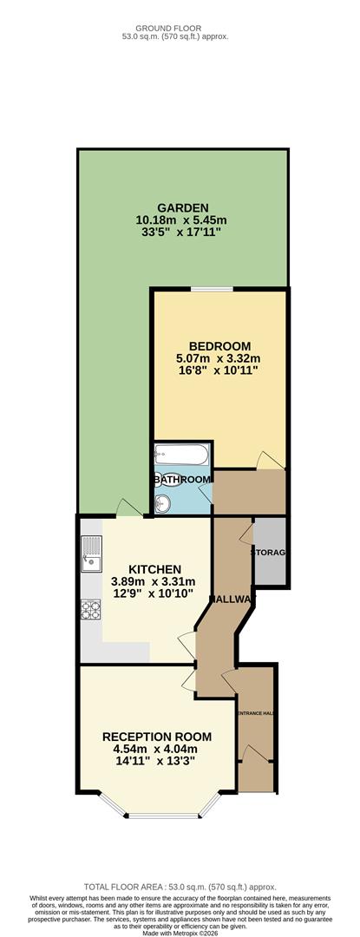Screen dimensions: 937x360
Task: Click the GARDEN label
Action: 182,207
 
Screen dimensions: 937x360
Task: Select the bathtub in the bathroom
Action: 180,455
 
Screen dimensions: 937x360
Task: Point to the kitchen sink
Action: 90,556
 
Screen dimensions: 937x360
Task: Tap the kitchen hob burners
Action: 90,611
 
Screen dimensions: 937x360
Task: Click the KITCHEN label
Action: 154,569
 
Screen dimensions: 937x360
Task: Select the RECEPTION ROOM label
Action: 157,737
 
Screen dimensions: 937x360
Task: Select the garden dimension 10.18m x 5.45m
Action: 182,220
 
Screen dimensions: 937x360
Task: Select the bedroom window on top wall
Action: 212,289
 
